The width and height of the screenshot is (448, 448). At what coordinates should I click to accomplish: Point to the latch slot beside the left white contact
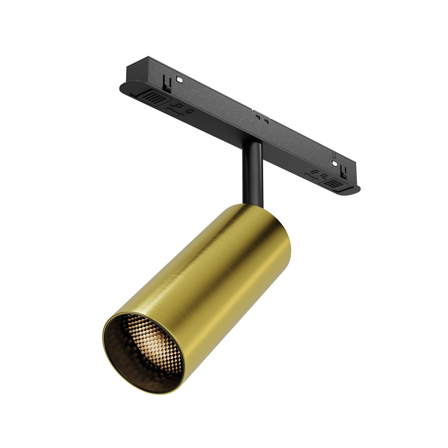pos(167,83)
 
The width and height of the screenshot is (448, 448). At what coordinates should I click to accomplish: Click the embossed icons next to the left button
pos(181,109)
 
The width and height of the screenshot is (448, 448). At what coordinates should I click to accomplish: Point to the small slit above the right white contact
pos(334,155)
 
